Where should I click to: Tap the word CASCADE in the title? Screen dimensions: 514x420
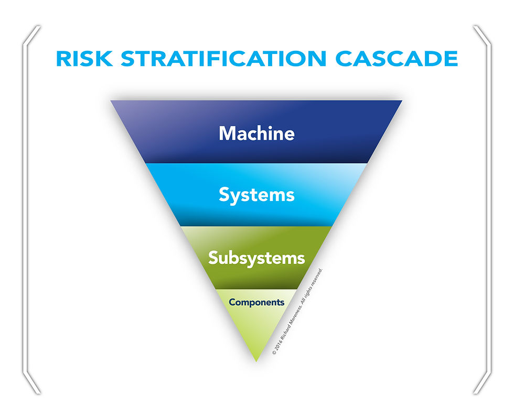click(x=397, y=59)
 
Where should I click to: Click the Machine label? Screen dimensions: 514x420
click(x=256, y=133)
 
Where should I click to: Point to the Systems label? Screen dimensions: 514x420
click(x=256, y=195)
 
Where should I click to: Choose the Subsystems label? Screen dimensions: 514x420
click(x=256, y=258)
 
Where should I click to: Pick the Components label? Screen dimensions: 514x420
click(x=256, y=302)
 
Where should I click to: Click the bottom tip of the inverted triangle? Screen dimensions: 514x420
click(x=256, y=359)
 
